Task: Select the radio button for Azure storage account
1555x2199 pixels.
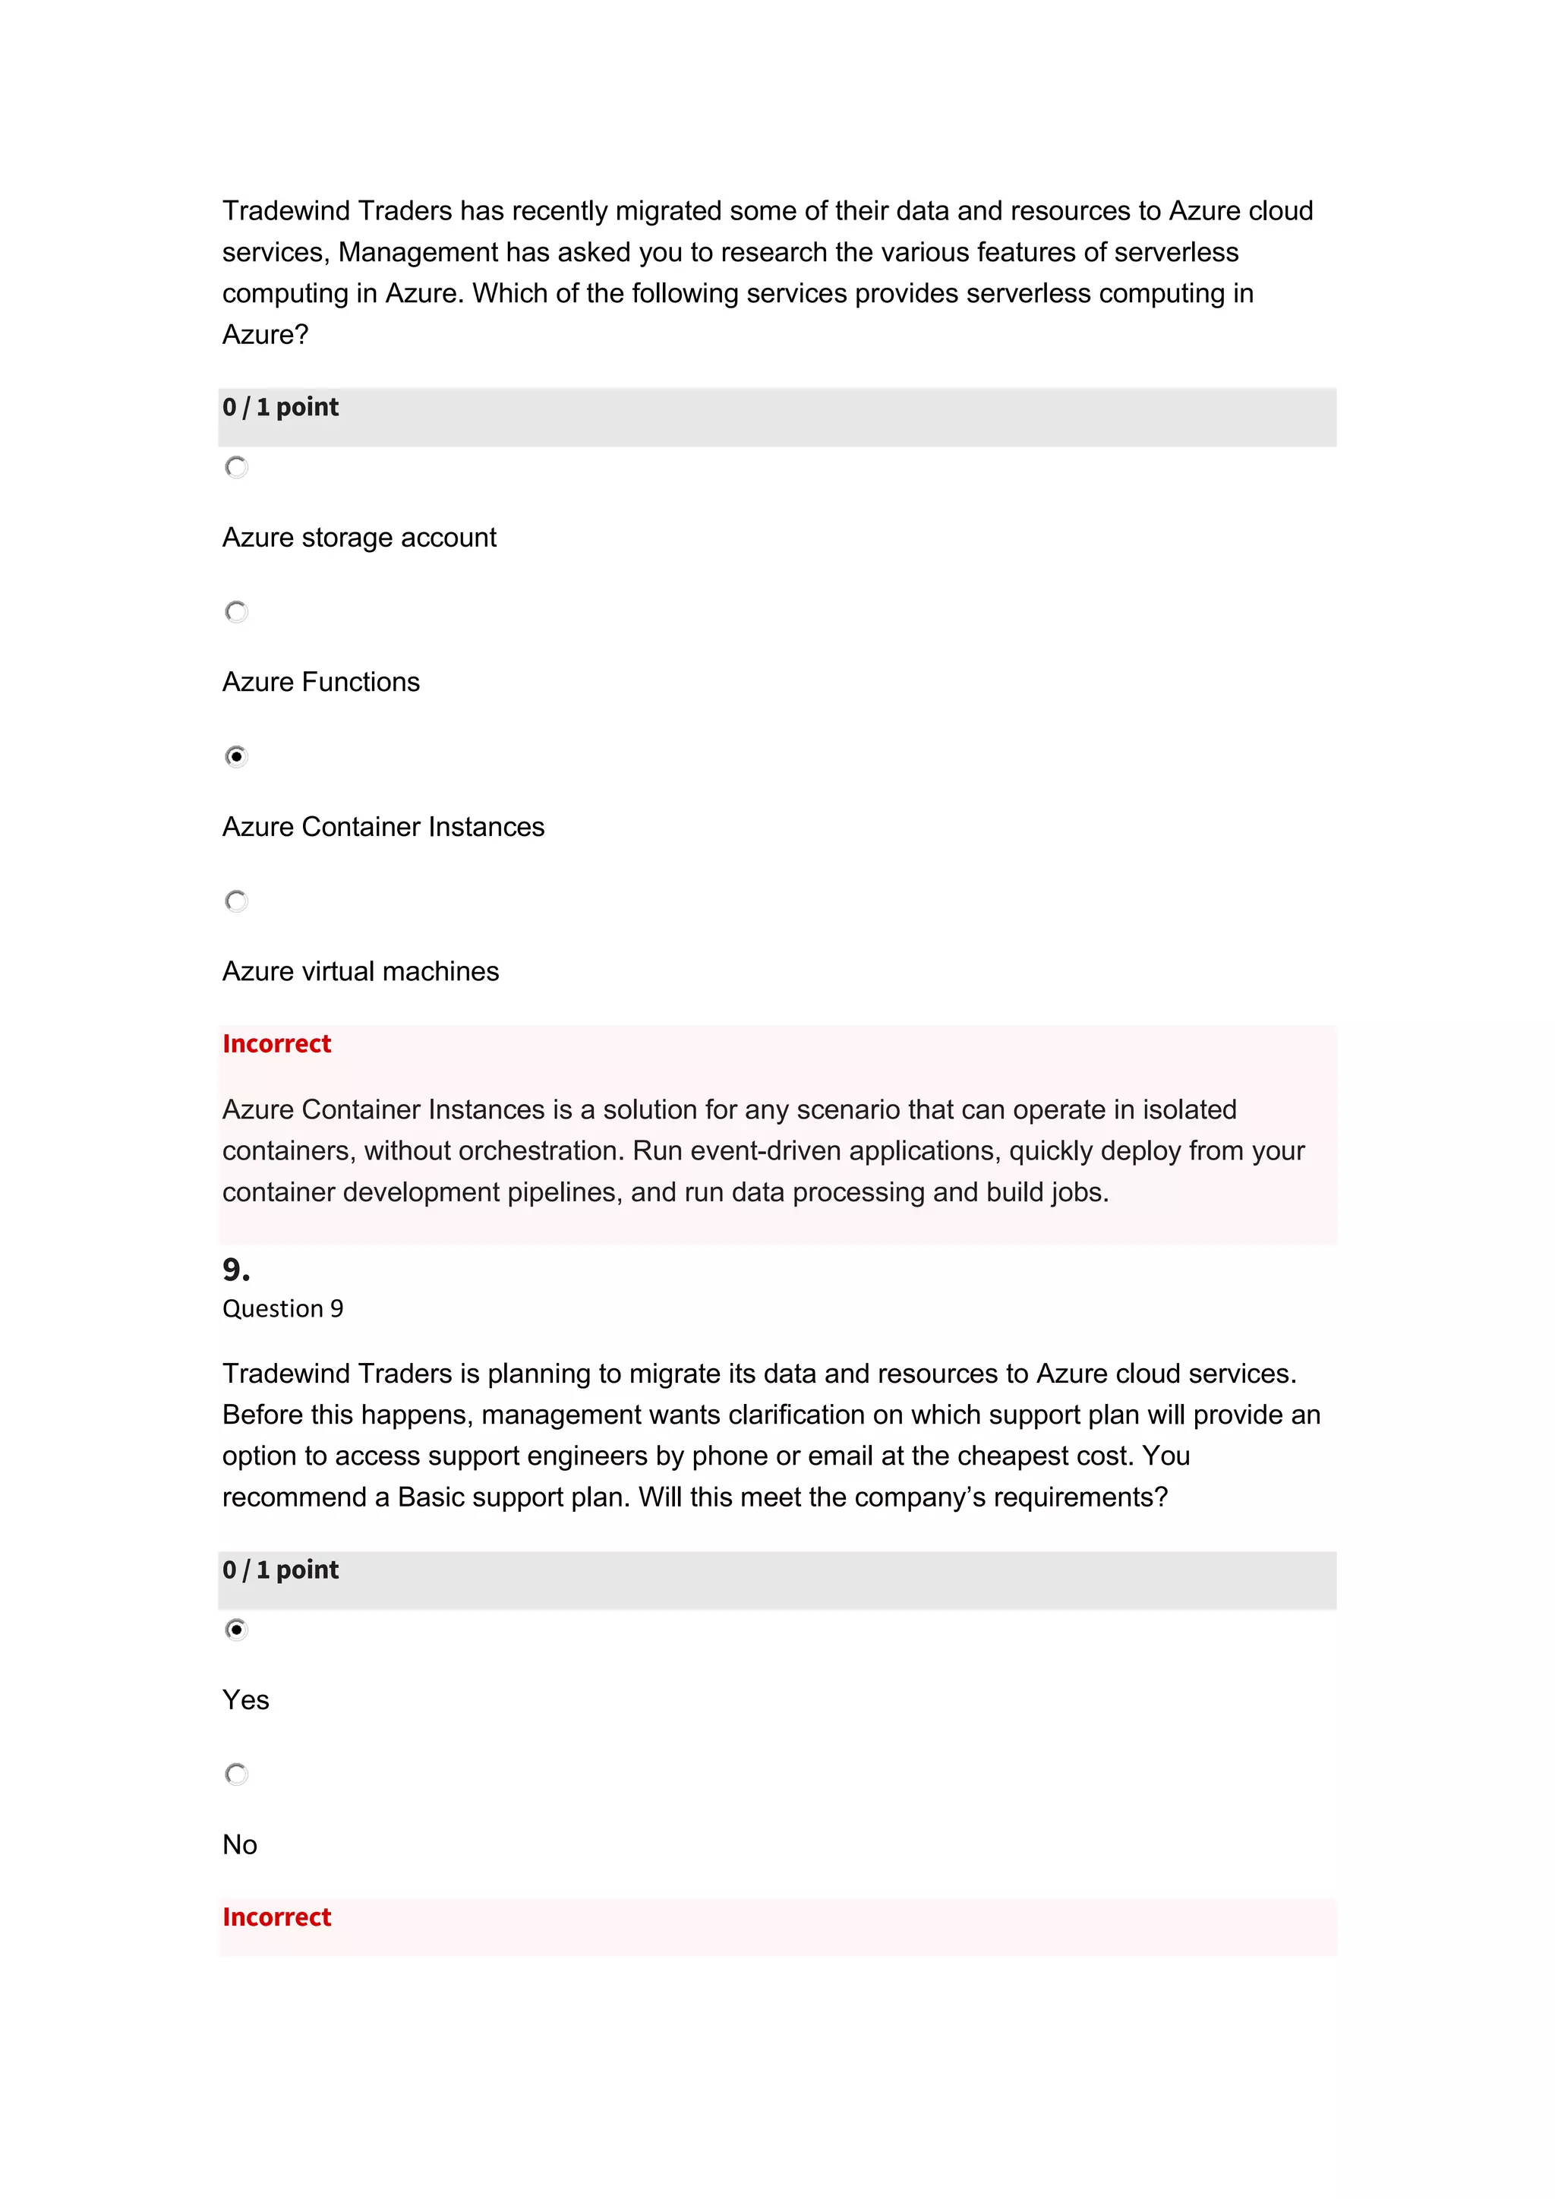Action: click(x=236, y=468)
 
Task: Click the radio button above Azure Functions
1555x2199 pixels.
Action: click(x=236, y=612)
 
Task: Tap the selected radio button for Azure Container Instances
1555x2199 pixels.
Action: click(x=236, y=756)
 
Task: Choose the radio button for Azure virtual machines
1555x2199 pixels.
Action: click(x=236, y=901)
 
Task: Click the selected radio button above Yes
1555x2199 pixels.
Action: click(x=236, y=1630)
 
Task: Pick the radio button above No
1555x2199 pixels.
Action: click(x=236, y=1774)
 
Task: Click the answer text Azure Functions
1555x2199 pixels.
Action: click(x=320, y=682)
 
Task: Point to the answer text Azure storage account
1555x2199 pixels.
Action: click(x=359, y=538)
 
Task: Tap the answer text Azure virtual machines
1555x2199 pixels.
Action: click(x=360, y=971)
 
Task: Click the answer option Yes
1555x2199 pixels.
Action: click(x=246, y=1700)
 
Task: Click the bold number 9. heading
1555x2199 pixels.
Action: click(x=235, y=1270)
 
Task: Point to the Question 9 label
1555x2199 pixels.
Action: click(x=282, y=1308)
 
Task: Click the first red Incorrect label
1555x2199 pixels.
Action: click(x=276, y=1044)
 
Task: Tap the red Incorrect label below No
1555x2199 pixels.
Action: click(x=276, y=1917)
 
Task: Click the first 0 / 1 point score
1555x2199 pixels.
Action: click(x=280, y=407)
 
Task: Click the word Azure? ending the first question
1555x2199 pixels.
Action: click(x=265, y=335)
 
